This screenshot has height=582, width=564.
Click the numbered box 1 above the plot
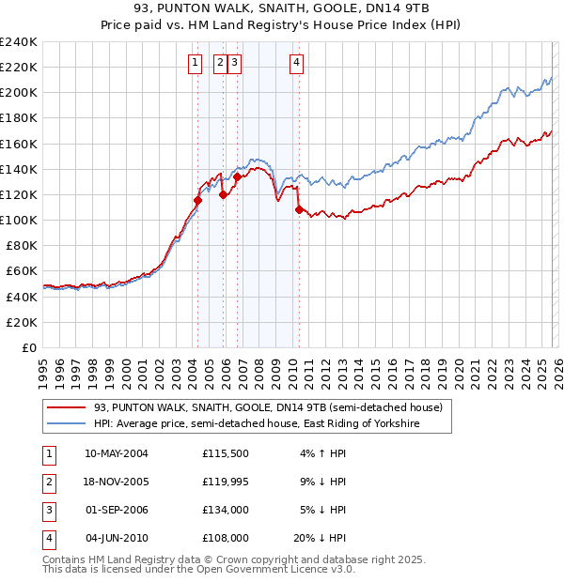pyautogui.click(x=195, y=63)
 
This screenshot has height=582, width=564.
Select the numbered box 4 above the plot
pyautogui.click(x=296, y=63)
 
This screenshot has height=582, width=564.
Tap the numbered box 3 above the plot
pyautogui.click(x=233, y=63)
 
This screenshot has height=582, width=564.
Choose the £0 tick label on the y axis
pyautogui.click(x=28, y=347)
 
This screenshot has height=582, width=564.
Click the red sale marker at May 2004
pyautogui.click(x=198, y=200)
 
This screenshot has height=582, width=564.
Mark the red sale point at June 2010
pyautogui.click(x=299, y=209)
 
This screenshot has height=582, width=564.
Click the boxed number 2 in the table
pyautogui.click(x=47, y=482)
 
